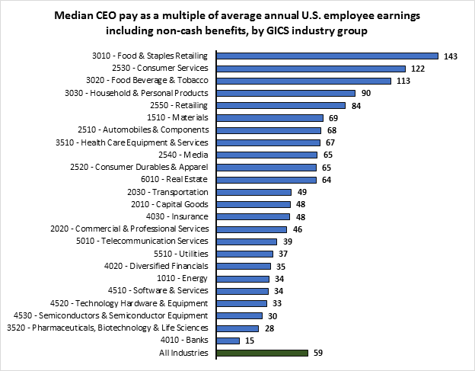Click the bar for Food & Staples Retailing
[327, 56]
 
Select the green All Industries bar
[262, 353]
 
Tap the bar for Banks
[228, 341]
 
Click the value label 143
[451, 56]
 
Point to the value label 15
[250, 341]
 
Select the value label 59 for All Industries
[319, 353]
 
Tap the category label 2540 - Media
[187, 155]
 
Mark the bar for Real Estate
[266, 180]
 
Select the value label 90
[366, 93]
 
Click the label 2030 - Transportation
[171, 192]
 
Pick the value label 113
[403, 81]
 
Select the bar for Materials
[270, 118]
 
